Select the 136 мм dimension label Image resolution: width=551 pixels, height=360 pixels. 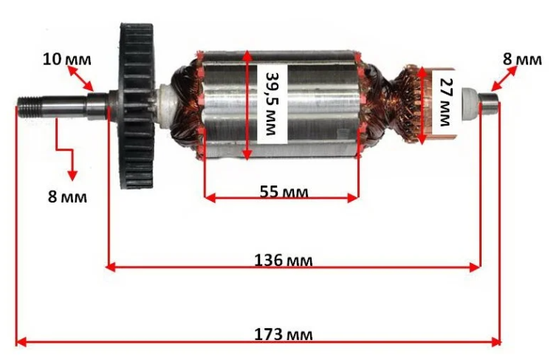[x=283, y=260]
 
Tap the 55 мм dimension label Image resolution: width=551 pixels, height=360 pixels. [x=284, y=192]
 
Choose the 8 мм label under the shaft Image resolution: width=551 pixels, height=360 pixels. [x=67, y=197]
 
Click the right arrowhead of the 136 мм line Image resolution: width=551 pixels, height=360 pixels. [x=476, y=268]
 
